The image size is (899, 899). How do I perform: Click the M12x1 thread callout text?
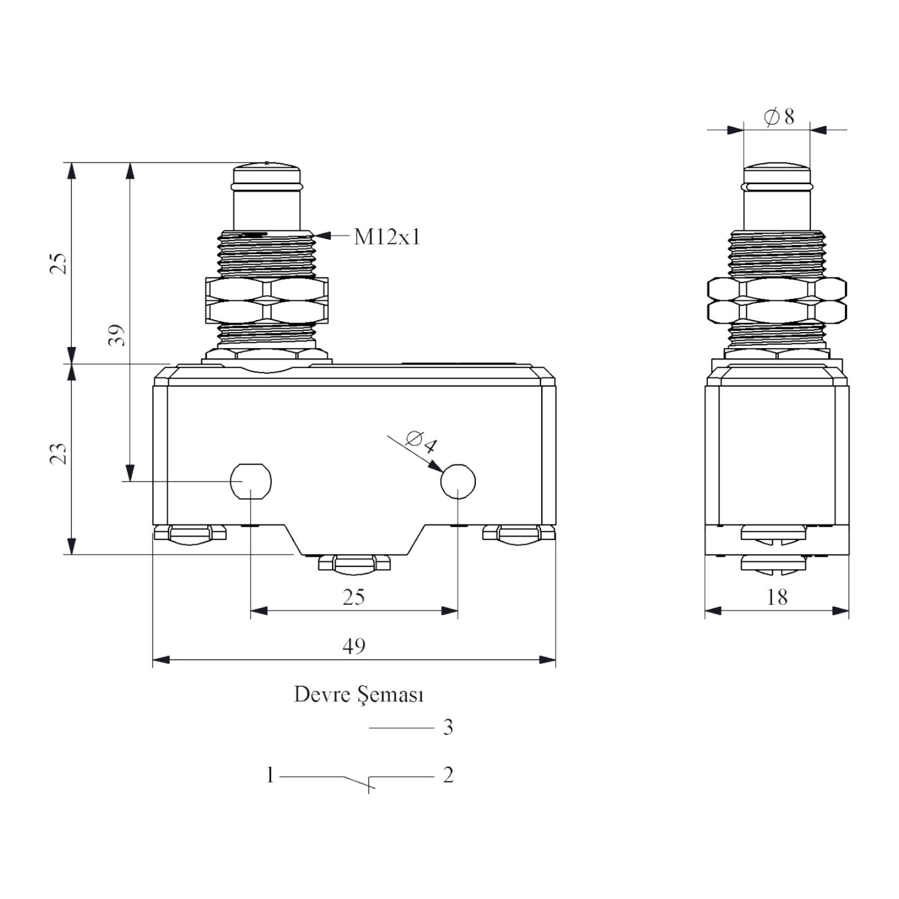(387, 237)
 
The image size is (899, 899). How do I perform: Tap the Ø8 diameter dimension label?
(779, 116)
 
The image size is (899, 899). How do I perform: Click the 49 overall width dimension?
(354, 645)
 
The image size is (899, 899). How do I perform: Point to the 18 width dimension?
(777, 597)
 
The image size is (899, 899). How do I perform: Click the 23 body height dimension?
(58, 454)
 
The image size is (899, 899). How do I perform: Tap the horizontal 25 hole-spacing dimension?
(354, 597)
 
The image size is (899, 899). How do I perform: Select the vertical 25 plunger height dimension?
(58, 264)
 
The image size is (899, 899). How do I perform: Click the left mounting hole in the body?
(251, 481)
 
